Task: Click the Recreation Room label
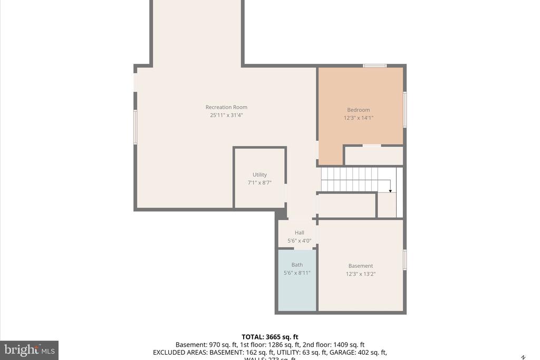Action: point(226,108)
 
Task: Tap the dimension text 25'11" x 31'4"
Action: point(226,115)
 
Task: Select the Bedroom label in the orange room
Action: point(358,110)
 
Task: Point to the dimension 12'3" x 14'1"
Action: point(358,118)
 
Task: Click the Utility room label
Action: point(259,175)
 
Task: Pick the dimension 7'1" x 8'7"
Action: point(259,183)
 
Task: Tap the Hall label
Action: point(299,233)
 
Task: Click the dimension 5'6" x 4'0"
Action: point(299,241)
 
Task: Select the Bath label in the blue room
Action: point(297,265)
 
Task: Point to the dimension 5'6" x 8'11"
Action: point(297,273)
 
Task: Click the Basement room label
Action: point(360,266)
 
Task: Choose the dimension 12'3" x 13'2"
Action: point(360,274)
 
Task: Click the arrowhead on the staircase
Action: point(390,190)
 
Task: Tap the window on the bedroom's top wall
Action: point(374,66)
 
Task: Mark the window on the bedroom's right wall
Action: point(405,110)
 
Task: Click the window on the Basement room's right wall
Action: point(405,260)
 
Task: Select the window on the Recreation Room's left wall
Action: point(136,127)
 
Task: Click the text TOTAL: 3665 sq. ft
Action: point(270,337)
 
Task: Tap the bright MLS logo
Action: point(29,350)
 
